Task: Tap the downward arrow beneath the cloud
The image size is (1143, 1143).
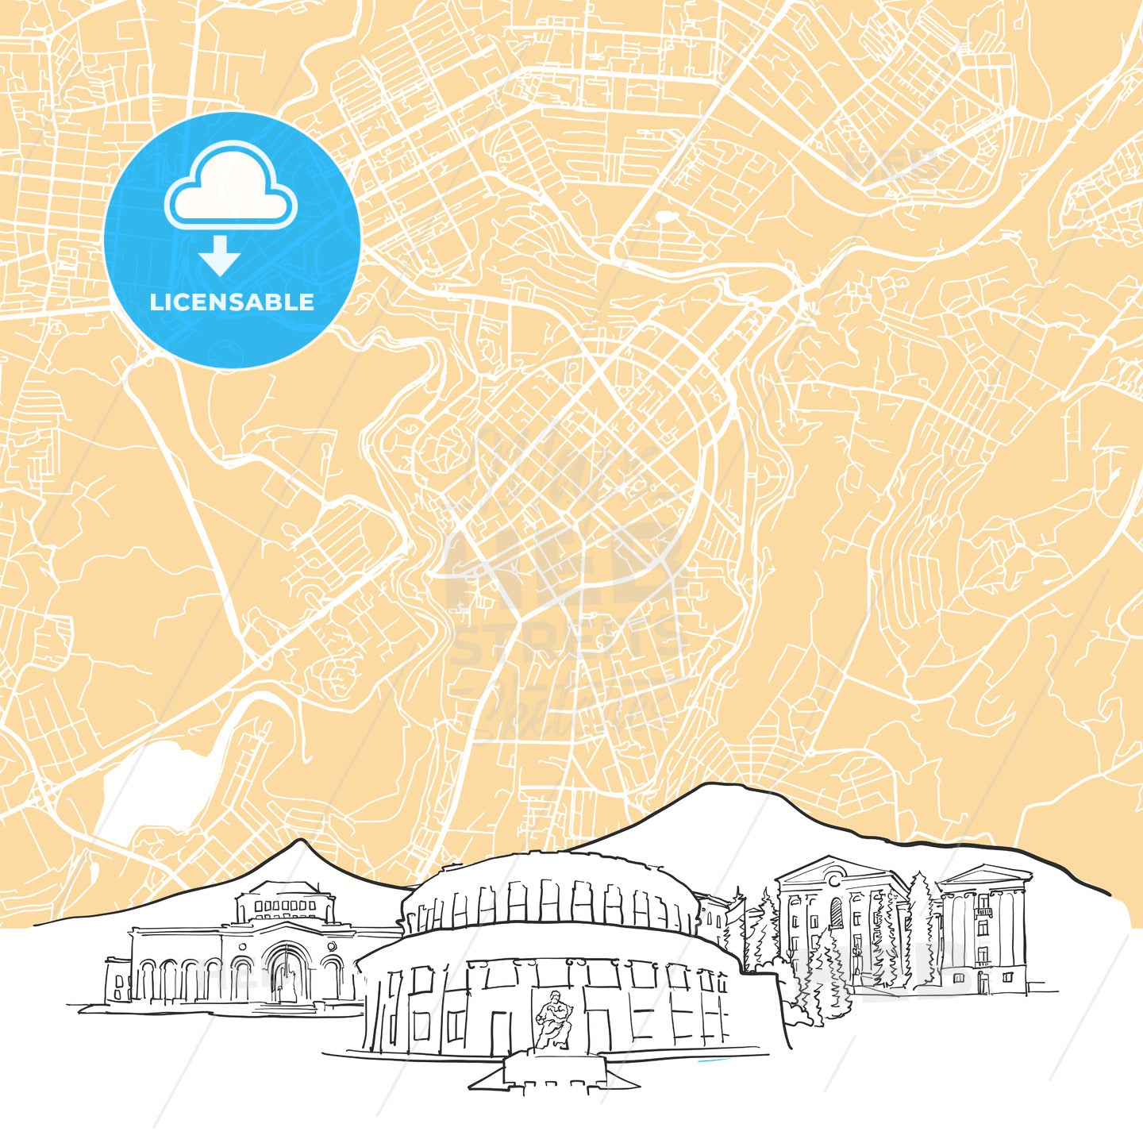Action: pos(220,256)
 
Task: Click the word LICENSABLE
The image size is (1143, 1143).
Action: pos(232,302)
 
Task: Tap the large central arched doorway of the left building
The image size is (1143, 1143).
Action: pos(286,972)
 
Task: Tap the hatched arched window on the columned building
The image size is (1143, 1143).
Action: pos(835,914)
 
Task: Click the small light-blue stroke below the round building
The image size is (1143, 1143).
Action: pos(711,1061)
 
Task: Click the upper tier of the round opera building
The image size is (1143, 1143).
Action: pos(548,893)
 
